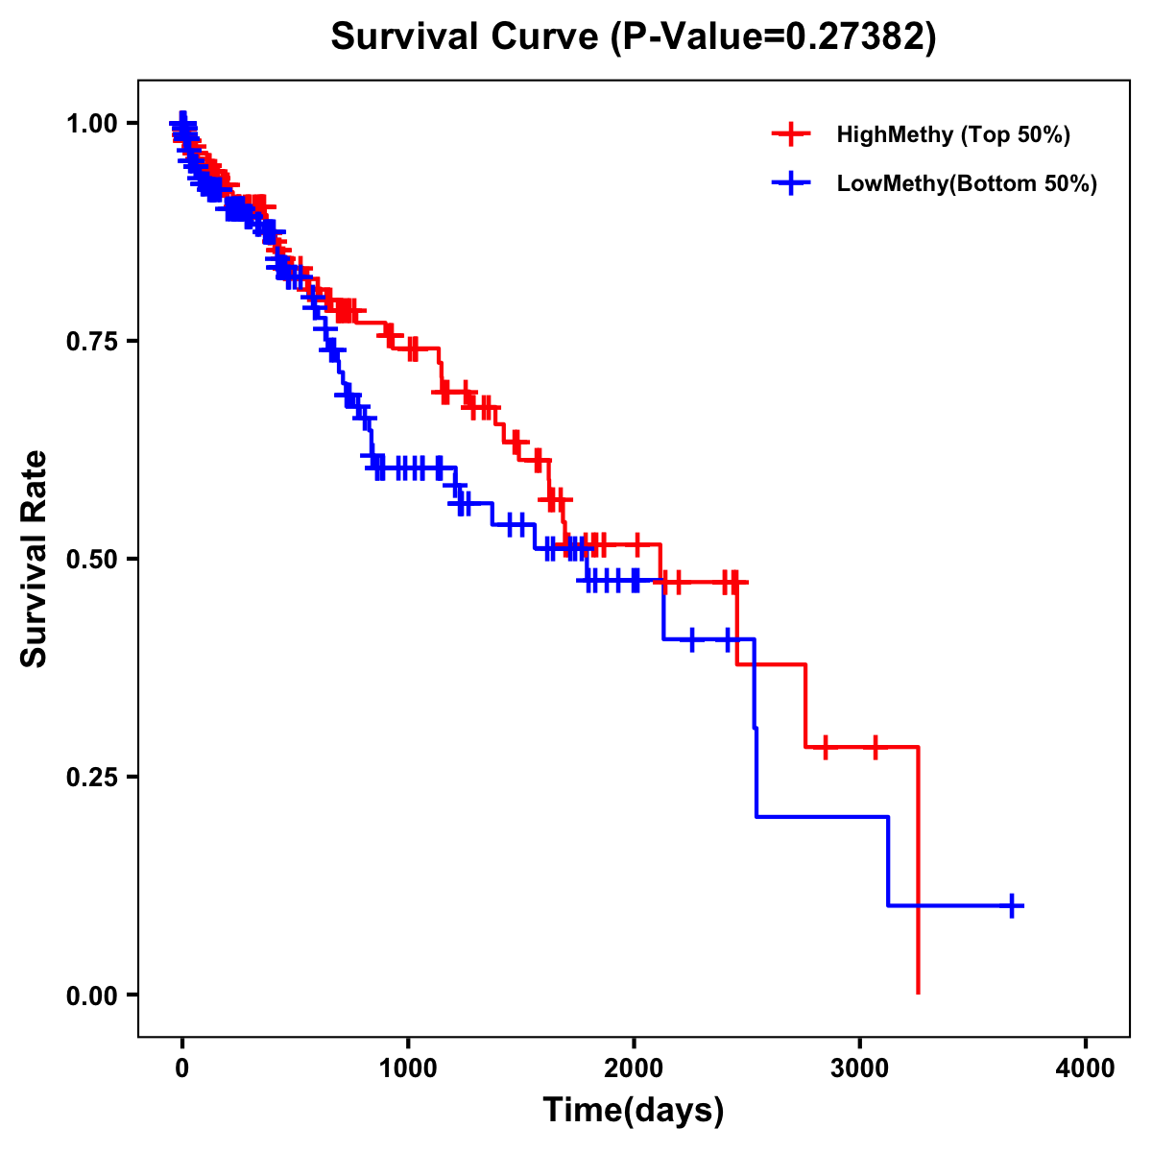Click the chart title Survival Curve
(x=468, y=37)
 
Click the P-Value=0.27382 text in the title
(x=776, y=37)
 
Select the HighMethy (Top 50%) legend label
(x=952, y=134)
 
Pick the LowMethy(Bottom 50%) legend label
(x=967, y=183)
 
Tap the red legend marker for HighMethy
(x=791, y=134)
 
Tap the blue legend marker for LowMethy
(x=791, y=183)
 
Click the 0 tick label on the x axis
(x=182, y=1068)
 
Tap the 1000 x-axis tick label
(x=408, y=1068)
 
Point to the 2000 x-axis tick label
(x=634, y=1068)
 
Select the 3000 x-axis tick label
(x=860, y=1068)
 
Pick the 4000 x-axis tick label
(x=1086, y=1068)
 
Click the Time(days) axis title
(x=634, y=1111)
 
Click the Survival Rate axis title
(x=35, y=559)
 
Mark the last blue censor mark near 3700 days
(x=1012, y=905)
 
